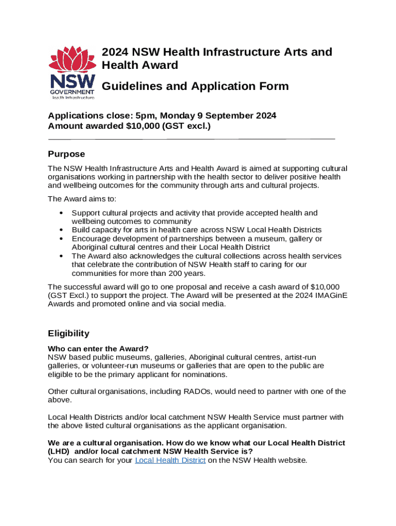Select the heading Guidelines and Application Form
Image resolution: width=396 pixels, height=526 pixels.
coord(195,86)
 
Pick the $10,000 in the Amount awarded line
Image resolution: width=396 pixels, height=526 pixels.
coord(143,126)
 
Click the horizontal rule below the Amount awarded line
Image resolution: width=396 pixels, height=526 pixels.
coord(191,139)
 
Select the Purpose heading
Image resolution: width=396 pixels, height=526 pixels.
coord(66,154)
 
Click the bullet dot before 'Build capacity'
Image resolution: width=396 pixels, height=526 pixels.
coord(62,230)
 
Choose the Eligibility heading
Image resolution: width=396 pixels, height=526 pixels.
coord(68,333)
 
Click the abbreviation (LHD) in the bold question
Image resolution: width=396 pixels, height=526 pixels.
coord(58,452)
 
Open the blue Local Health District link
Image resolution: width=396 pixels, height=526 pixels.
coord(170,460)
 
